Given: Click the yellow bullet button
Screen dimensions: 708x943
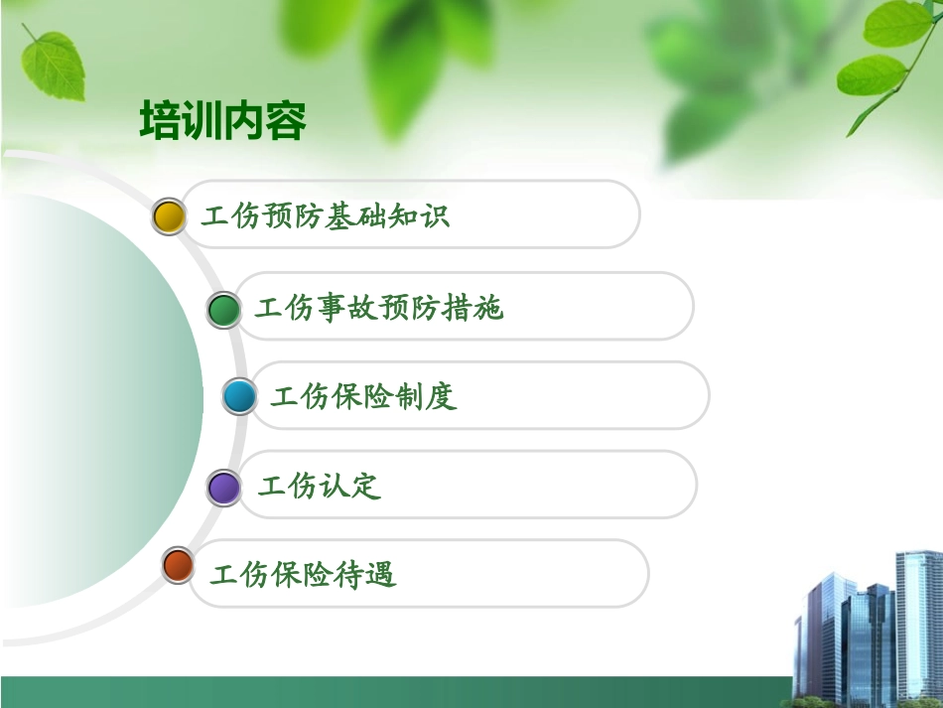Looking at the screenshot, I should coord(170,216).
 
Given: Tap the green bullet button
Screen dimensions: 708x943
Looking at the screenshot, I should coord(224,310).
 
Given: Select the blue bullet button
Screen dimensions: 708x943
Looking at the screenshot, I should coord(239,397).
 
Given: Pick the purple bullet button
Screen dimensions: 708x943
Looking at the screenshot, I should coord(224,488).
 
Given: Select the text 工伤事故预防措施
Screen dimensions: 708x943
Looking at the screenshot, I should coord(379,309).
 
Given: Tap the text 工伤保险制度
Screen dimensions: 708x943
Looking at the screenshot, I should coord(363,397).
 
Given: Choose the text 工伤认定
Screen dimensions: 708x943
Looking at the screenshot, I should coord(319,487).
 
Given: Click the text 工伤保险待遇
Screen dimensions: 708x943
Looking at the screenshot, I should coord(303,575).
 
